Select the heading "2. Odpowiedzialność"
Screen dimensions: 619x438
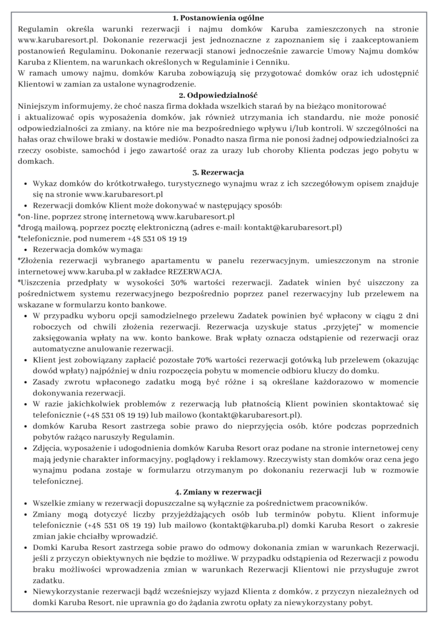click(219, 96)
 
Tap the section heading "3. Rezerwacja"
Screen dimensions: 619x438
click(219, 173)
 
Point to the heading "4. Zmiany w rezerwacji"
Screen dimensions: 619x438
click(219, 491)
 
